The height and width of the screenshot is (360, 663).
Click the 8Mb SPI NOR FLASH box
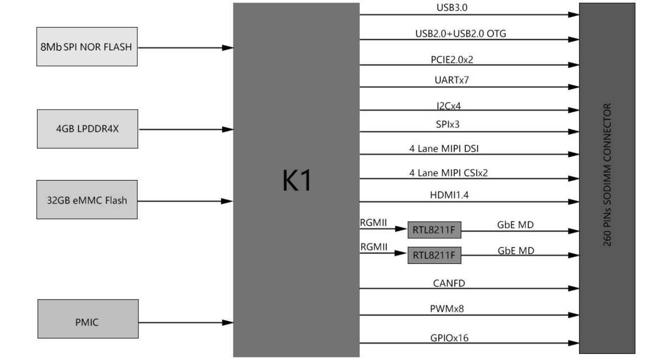tap(87, 47)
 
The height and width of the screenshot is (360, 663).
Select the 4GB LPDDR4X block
tap(88, 129)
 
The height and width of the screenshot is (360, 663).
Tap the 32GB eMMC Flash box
tap(87, 200)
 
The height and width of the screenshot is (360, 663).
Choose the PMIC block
tap(88, 322)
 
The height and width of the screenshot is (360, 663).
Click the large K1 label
tap(297, 181)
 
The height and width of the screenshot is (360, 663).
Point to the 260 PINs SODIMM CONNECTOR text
tap(607, 175)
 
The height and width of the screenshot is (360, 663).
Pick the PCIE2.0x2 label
tap(453, 59)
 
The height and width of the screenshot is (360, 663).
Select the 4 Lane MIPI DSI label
tap(448, 149)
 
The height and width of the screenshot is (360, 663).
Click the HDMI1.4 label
tap(449, 196)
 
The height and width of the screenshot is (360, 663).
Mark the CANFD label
tap(449, 283)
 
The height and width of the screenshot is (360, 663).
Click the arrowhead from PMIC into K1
tap(227, 323)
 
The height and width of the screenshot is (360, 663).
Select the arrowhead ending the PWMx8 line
tap(573, 315)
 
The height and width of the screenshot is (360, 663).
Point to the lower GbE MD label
tap(516, 250)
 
